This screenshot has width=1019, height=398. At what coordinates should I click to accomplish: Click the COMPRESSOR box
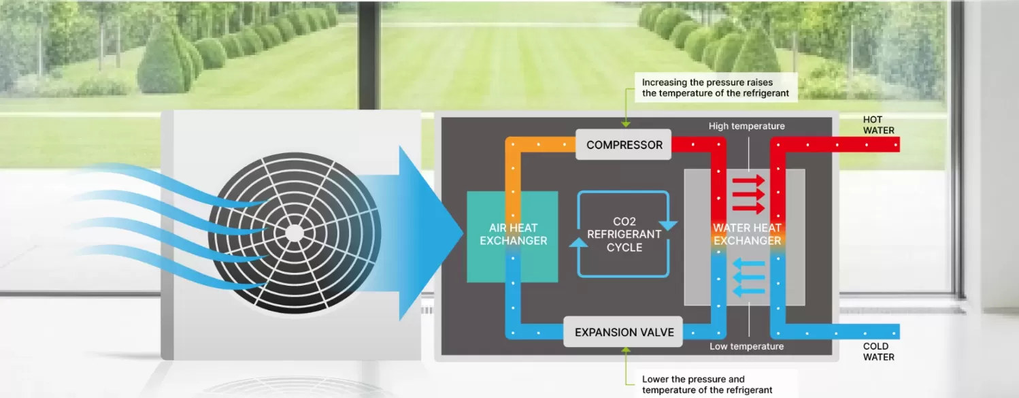pos(624,145)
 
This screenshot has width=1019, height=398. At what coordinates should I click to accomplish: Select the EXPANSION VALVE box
pos(624,333)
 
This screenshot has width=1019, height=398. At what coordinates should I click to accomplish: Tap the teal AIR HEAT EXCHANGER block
pos(512,236)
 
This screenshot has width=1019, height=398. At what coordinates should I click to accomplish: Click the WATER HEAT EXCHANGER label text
pos(747,234)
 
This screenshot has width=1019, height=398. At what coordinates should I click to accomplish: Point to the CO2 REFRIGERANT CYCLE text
pos(624,234)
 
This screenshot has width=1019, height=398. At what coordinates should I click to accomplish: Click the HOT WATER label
pos(878,125)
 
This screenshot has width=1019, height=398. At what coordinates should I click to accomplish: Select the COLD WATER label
pos(878,352)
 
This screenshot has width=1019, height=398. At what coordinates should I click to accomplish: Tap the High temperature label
pos(746,126)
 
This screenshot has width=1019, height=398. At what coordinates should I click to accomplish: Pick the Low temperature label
pos(746,346)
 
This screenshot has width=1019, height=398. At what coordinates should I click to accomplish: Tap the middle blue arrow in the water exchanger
pos(748,278)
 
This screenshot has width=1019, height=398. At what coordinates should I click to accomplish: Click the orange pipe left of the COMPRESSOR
pos(544,145)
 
